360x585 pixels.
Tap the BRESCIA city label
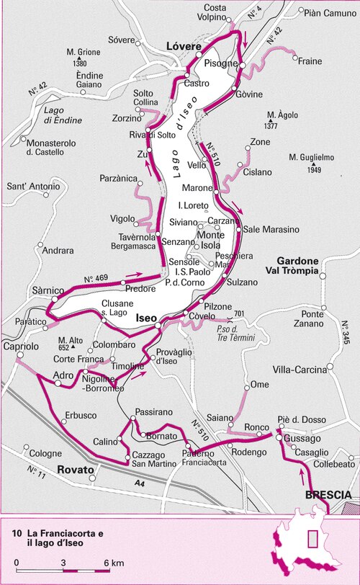328,495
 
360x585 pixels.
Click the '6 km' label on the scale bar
113,562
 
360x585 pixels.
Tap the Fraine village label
310,61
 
